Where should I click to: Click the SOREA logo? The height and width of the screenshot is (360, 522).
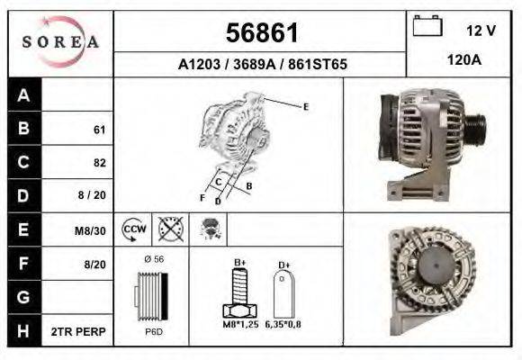(x=60, y=42)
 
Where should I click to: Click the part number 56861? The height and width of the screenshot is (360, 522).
(x=260, y=33)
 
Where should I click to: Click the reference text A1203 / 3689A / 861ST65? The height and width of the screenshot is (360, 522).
(x=260, y=65)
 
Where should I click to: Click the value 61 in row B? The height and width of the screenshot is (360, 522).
(x=99, y=130)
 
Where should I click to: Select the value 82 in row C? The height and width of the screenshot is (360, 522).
(x=99, y=163)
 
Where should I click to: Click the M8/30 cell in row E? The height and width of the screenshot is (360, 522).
(x=91, y=230)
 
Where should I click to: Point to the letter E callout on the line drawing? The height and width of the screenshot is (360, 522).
(x=306, y=107)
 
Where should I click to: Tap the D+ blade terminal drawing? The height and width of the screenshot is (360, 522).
(x=284, y=293)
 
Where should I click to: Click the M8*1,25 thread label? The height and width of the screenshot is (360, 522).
(x=239, y=324)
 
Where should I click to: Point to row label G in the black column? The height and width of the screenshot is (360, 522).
(x=24, y=297)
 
